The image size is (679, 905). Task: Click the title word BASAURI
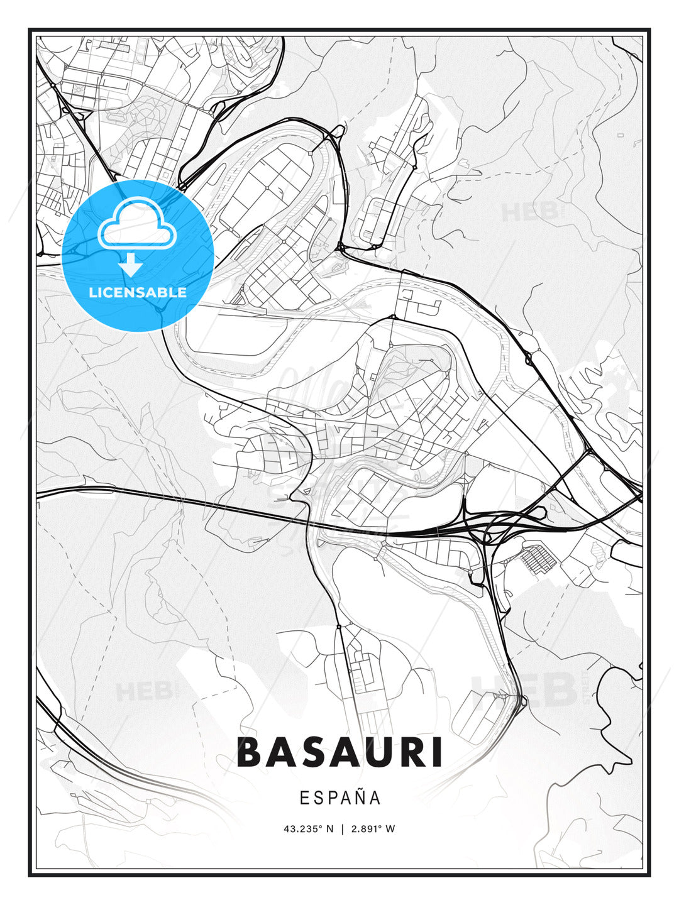click(x=339, y=752)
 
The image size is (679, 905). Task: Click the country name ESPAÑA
click(x=339, y=798)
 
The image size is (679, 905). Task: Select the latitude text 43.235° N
click(x=309, y=828)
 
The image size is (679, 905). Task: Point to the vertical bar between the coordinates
click(x=342, y=828)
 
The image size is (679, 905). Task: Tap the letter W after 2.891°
click(x=390, y=828)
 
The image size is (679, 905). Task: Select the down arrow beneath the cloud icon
click(x=131, y=265)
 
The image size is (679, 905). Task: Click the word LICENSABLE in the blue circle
click(x=138, y=292)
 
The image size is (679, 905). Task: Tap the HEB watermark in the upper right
click(x=529, y=212)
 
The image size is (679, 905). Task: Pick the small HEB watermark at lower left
click(x=143, y=692)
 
